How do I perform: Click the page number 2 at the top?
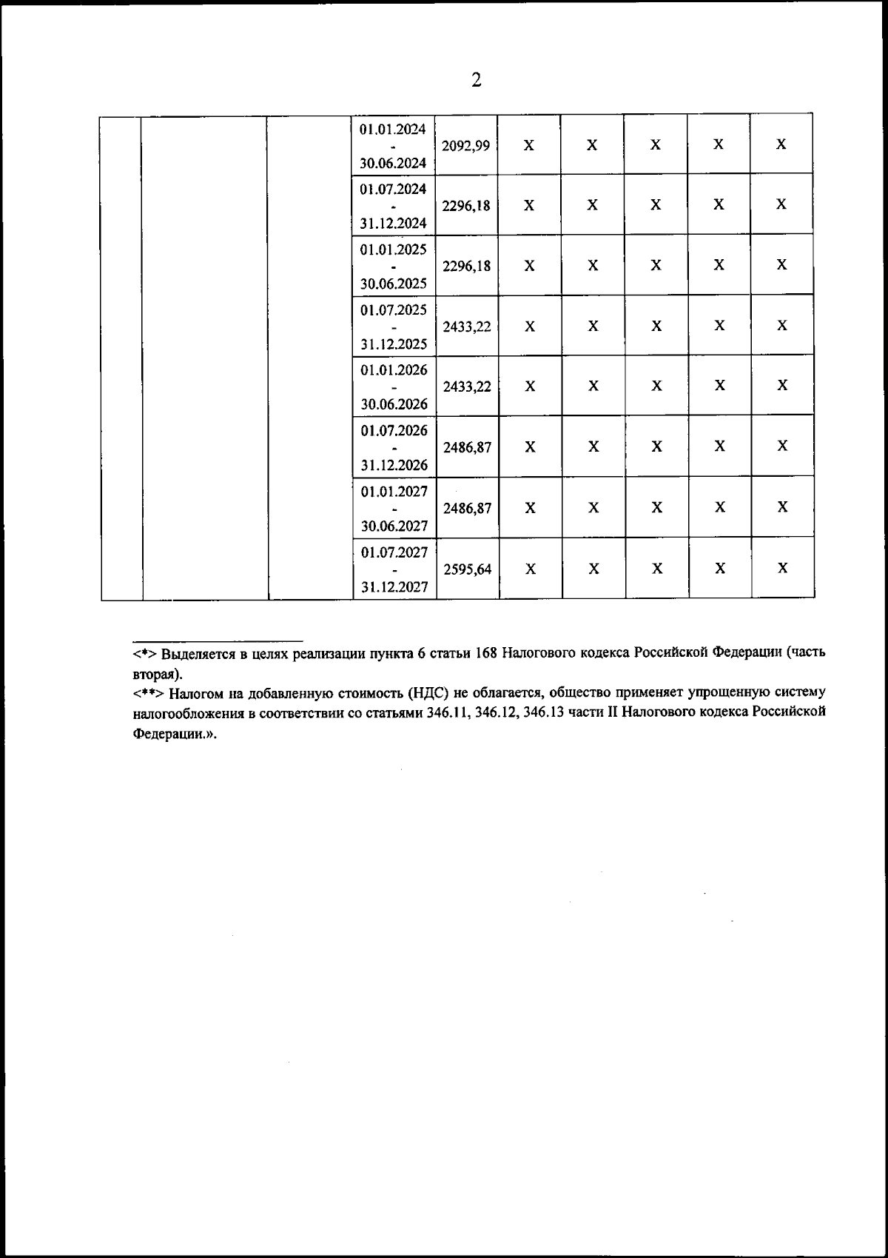pos(476,80)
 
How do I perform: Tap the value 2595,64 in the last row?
pos(467,569)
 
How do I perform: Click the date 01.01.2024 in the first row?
pos(393,129)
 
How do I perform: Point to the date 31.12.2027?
pos(394,587)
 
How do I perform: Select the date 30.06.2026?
pos(394,405)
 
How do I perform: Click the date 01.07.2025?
pos(394,310)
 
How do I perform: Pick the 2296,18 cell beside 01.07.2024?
pos(466,206)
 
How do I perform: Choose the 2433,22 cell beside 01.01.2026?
pos(467,387)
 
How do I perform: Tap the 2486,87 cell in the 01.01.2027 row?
pos(467,509)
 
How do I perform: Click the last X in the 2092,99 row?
pos(781,145)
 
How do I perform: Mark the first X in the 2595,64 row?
pos(531,569)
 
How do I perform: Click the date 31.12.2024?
pos(394,223)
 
